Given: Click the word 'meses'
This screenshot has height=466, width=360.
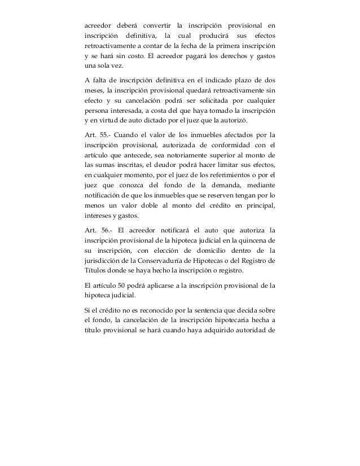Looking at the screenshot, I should click(92, 90).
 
